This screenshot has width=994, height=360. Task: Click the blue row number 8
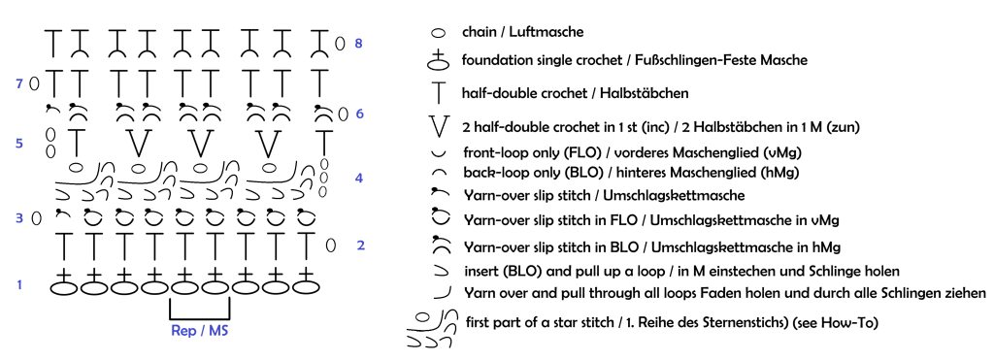[x=358, y=44]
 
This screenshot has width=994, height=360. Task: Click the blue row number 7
[x=19, y=83]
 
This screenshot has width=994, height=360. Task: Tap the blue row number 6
[x=358, y=115]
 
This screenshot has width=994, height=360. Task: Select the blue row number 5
[x=19, y=144]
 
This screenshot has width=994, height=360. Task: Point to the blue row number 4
[x=359, y=179]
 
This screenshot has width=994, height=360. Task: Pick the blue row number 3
[x=19, y=218]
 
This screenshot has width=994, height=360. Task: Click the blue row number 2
[x=361, y=245]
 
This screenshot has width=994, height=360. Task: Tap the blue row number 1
[x=19, y=285]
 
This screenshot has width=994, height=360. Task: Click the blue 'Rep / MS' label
[x=199, y=331]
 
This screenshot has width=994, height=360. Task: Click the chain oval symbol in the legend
[x=438, y=32]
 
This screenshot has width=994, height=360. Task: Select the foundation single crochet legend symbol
[x=437, y=61]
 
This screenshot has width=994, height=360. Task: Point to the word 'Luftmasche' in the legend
[x=551, y=31]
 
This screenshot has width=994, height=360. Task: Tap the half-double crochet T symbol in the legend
[x=439, y=92]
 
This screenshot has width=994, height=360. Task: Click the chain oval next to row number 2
[x=330, y=245]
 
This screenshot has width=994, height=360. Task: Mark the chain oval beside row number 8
[x=340, y=44]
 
